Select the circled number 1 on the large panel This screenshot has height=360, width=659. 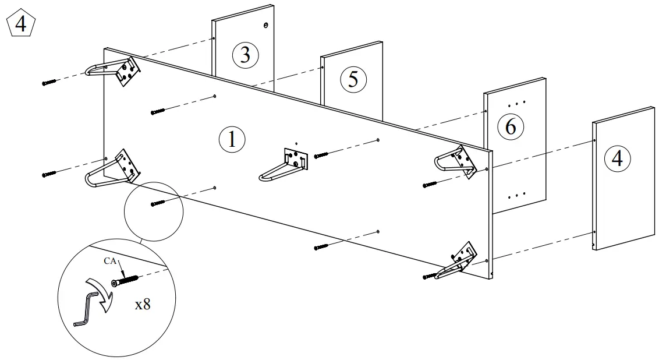(232, 140)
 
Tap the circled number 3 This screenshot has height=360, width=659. (245, 55)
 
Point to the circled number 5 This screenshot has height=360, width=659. (353, 79)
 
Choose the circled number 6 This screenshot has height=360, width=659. (511, 126)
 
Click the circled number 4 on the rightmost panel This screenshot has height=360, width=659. (617, 158)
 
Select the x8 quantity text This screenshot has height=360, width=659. (143, 304)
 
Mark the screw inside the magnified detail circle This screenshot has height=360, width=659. (125, 281)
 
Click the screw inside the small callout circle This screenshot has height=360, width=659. (159, 203)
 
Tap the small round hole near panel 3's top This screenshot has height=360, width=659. (265, 26)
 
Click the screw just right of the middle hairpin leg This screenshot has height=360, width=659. (322, 156)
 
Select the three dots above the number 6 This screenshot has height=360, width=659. (517, 104)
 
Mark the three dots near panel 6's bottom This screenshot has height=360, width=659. (517, 195)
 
